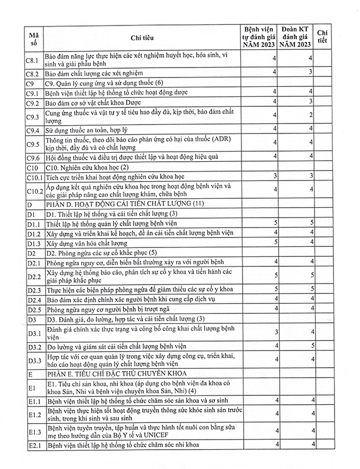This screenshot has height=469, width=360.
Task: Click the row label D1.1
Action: point(33,223)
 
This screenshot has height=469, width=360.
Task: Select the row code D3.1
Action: point(33,333)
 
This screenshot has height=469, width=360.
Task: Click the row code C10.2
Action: point(34,190)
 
